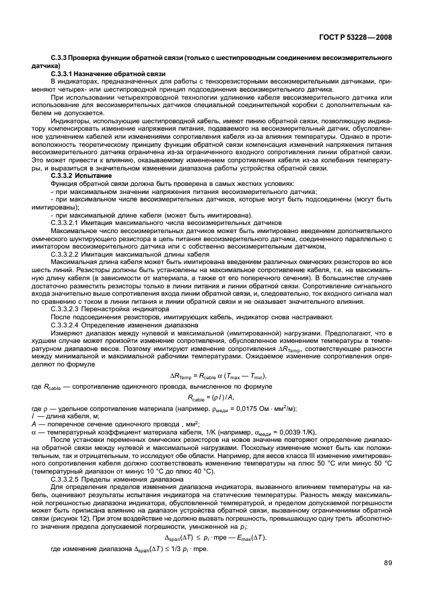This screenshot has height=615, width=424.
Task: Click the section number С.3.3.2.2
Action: coord(67,255)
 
